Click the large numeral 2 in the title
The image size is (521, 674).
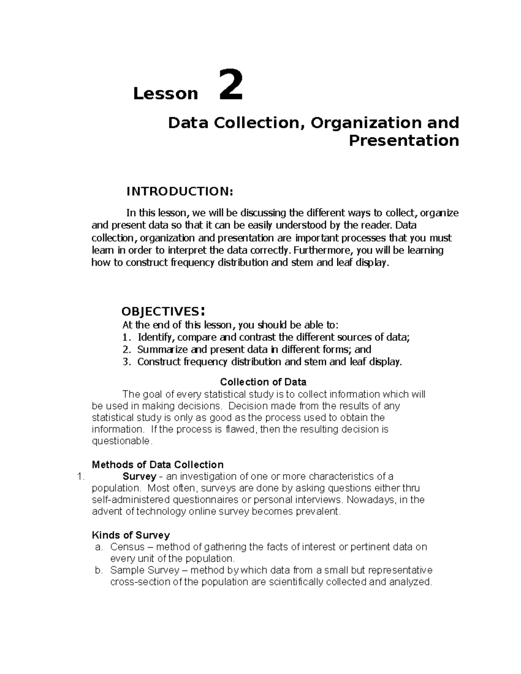tap(230, 85)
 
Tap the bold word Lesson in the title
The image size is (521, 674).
tap(165, 94)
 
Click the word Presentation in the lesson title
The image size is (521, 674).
tap(404, 141)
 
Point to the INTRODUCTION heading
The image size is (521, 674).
tap(180, 191)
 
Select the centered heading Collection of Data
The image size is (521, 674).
tap(263, 382)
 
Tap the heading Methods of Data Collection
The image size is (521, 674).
tap(158, 465)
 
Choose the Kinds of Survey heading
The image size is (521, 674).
tap(131, 535)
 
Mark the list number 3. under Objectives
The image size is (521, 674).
tap(126, 362)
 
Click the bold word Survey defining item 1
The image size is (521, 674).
tap(139, 477)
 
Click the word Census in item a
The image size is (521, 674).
tap(127, 547)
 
